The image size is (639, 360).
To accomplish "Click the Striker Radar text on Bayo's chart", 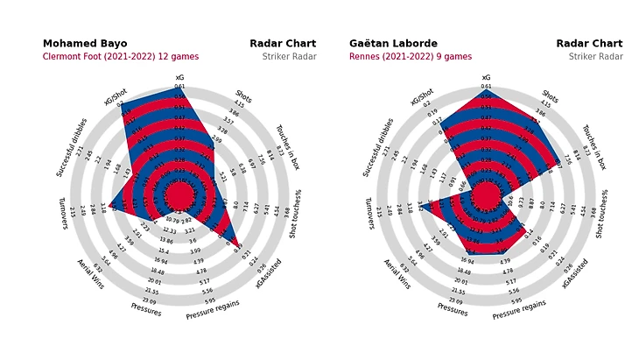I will [x=289, y=57].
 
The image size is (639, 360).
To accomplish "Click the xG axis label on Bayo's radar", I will [x=179, y=77].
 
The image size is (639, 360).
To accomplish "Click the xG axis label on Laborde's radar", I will [x=486, y=77].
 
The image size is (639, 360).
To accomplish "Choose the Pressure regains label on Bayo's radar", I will [x=212, y=309].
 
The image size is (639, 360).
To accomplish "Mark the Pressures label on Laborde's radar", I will [x=452, y=309].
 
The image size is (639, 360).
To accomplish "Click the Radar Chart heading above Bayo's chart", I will [x=283, y=44].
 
